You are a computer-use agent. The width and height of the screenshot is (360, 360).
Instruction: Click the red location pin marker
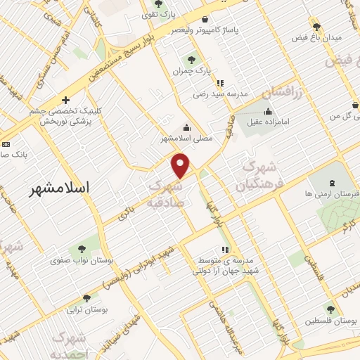point(181,165)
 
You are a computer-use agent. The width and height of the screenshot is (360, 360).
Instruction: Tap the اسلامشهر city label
point(63,188)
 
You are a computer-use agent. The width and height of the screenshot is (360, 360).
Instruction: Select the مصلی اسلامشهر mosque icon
point(186,127)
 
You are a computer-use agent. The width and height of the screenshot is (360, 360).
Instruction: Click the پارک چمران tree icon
point(191,59)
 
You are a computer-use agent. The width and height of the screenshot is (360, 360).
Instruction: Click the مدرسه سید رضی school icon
point(221,82)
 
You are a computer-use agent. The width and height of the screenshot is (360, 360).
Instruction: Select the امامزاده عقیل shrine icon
point(267,110)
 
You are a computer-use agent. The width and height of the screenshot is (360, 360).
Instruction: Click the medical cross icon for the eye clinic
point(65,101)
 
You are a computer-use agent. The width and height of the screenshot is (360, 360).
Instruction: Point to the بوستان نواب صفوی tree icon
point(82,249)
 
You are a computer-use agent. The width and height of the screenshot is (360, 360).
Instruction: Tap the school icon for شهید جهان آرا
point(224,250)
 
